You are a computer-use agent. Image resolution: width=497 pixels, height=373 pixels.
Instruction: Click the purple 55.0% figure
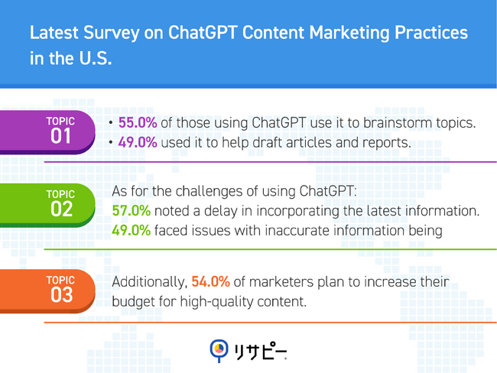click(x=138, y=123)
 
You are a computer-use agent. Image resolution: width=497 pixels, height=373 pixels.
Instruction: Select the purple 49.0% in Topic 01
click(x=138, y=143)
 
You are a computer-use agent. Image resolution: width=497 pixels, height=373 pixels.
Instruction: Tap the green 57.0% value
click(x=132, y=211)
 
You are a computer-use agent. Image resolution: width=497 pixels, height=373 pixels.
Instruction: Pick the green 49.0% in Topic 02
click(x=132, y=231)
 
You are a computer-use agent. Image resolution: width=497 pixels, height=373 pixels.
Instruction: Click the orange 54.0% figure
click(x=211, y=282)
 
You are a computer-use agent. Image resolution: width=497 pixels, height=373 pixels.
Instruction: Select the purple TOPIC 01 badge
click(x=60, y=131)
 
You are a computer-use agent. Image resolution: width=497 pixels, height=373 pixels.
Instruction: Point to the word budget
click(x=133, y=302)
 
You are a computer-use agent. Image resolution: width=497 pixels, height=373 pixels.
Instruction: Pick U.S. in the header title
click(x=93, y=59)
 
